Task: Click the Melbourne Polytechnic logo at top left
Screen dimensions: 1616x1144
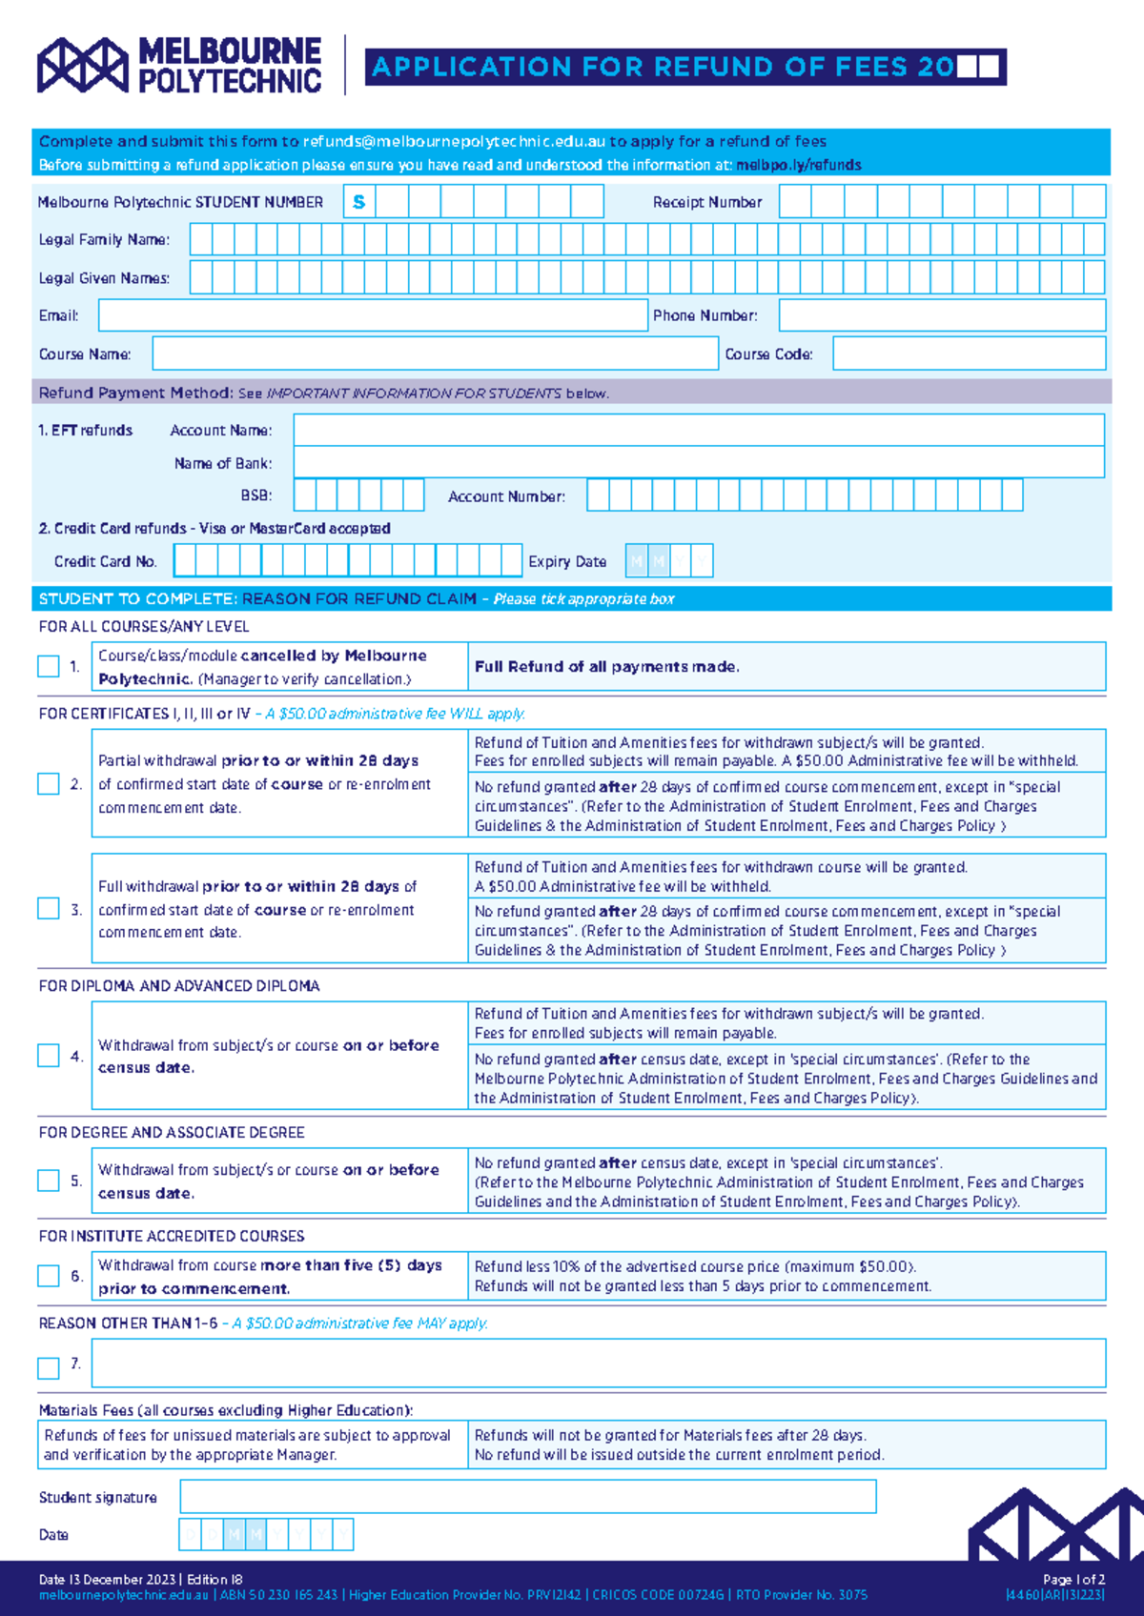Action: click(x=179, y=66)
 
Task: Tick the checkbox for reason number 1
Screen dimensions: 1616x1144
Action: click(x=49, y=666)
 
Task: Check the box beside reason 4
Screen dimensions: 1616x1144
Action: click(x=49, y=1056)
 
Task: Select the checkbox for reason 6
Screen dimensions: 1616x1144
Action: click(x=49, y=1276)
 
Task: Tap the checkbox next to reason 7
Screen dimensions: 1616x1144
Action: click(x=49, y=1368)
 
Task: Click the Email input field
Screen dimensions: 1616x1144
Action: click(x=373, y=315)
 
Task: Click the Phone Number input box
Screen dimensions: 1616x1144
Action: click(x=942, y=315)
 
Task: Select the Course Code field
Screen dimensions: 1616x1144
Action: click(x=969, y=353)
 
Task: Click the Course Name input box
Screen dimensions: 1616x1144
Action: click(x=435, y=353)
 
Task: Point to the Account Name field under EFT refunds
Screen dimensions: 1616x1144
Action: click(x=698, y=430)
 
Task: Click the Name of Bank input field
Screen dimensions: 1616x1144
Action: click(x=698, y=463)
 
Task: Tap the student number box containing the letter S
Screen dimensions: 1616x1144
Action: click(x=359, y=202)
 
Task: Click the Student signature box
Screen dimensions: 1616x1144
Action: click(x=527, y=1497)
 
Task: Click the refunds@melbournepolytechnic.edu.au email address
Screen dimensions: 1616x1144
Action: click(x=454, y=142)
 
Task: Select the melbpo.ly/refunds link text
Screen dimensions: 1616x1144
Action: click(x=799, y=165)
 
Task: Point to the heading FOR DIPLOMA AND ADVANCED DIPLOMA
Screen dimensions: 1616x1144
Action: click(x=179, y=986)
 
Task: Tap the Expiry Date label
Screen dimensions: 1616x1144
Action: click(x=567, y=562)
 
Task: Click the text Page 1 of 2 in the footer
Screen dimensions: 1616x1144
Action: click(x=1073, y=1580)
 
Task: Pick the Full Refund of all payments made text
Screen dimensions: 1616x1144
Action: click(x=606, y=667)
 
